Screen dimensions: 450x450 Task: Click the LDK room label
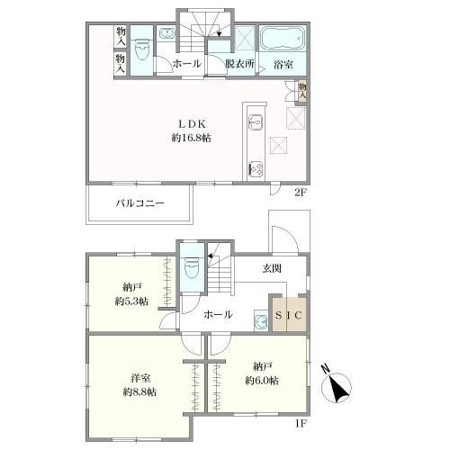(192, 123)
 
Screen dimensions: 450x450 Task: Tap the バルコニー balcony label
(140, 203)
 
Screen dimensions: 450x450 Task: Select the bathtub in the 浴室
(283, 39)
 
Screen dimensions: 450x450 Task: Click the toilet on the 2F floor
(142, 49)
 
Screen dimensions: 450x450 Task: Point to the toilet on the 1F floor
(192, 267)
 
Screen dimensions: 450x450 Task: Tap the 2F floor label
(300, 193)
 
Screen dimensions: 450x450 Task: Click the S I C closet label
(288, 315)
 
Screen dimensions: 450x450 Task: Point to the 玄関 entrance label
(272, 268)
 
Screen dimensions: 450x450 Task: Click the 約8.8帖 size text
(139, 391)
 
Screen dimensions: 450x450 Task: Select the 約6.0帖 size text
(262, 381)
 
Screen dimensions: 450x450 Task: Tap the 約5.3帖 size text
(131, 301)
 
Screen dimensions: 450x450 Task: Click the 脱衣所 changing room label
(239, 64)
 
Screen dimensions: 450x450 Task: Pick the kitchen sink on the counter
(256, 123)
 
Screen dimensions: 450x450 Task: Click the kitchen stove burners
(256, 168)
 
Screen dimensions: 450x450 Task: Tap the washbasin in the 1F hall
(261, 320)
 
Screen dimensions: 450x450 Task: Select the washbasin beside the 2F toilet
(166, 33)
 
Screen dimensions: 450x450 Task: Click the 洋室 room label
(140, 378)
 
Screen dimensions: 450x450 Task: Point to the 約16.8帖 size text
(192, 138)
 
